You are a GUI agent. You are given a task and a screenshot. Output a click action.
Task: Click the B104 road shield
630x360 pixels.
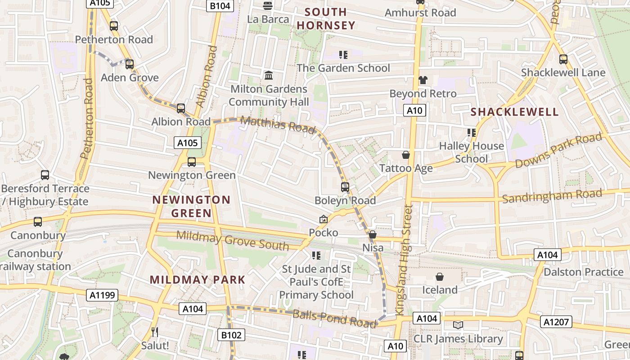click(x=220, y=6)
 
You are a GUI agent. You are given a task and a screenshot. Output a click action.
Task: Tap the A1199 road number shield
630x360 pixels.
click(x=103, y=295)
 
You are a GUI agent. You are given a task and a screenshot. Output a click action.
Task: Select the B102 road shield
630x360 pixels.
click(x=232, y=335)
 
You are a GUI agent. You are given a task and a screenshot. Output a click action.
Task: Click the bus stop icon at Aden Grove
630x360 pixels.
click(x=130, y=64)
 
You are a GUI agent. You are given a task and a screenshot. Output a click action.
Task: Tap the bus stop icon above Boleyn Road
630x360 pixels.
click(x=345, y=187)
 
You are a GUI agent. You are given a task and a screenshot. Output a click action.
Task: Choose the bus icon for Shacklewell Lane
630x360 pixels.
click(x=563, y=59)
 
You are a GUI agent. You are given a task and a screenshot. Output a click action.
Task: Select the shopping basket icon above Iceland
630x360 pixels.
click(x=440, y=276)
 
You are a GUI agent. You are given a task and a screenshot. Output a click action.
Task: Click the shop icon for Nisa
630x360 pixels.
click(x=373, y=234)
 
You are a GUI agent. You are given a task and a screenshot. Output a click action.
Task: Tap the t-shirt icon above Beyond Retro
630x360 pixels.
click(x=423, y=80)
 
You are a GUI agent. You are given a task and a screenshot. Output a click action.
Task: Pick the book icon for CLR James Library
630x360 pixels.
click(x=458, y=325)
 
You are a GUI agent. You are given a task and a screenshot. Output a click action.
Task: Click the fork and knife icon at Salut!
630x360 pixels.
click(x=155, y=332)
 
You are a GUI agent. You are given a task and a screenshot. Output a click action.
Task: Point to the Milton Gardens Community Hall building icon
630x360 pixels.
click(x=269, y=75)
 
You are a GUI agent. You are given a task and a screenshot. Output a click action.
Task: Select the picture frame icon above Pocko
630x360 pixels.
click(x=323, y=219)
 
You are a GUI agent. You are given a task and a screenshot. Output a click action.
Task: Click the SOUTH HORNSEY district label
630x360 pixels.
click(x=326, y=18)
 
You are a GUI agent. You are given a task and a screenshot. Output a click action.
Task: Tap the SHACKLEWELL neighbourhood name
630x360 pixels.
click(x=514, y=112)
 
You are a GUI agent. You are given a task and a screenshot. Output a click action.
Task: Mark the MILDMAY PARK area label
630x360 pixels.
click(x=198, y=279)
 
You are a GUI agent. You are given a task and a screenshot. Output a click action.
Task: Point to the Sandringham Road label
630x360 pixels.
click(x=552, y=196)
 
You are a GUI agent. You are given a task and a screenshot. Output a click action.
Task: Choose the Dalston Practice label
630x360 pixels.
click(x=583, y=272)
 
